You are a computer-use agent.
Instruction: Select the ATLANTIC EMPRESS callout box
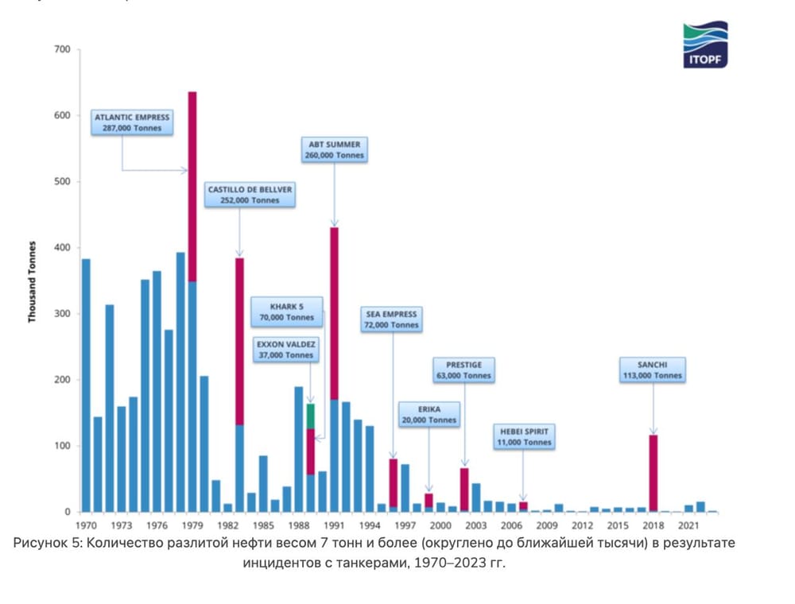[x=132, y=122]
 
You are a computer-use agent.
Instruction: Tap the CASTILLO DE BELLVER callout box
[x=250, y=195]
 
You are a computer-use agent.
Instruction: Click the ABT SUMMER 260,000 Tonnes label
[x=334, y=150]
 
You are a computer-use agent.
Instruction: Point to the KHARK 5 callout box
[x=287, y=311]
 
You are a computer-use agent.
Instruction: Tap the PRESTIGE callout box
[x=464, y=370]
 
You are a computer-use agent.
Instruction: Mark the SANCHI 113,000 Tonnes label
[x=652, y=370]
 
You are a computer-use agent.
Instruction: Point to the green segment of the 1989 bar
[x=311, y=416]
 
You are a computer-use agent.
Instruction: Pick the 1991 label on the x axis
[x=335, y=525]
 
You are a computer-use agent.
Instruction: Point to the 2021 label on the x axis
[x=688, y=525]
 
